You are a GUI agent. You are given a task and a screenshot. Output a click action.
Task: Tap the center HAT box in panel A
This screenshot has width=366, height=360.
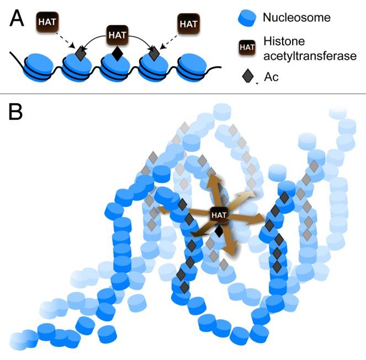pyautogui.click(x=116, y=35)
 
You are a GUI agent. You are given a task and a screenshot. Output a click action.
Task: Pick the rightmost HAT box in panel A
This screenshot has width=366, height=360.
pyautogui.click(x=188, y=23)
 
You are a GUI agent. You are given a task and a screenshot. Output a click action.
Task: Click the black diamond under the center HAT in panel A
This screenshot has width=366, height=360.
pyautogui.click(x=116, y=54)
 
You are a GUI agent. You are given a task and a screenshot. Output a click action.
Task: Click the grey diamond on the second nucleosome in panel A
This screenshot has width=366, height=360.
pyautogui.click(x=81, y=54)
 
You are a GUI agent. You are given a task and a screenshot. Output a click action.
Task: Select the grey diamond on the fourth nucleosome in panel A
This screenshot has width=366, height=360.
pyautogui.click(x=154, y=54)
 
